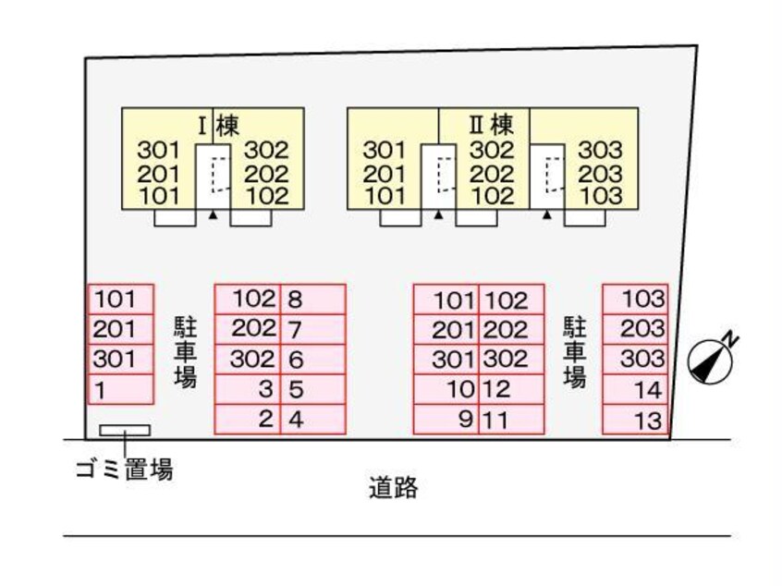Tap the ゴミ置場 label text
click(x=125, y=470)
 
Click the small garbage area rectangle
click(x=125, y=431)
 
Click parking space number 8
click(x=312, y=299)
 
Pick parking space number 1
click(x=120, y=390)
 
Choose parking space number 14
click(x=635, y=390)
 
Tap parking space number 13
click(x=635, y=421)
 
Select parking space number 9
click(x=446, y=421)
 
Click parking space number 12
click(x=511, y=390)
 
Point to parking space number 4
click(x=312, y=421)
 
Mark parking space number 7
click(x=312, y=330)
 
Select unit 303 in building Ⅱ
click(x=600, y=151)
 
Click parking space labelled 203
click(x=635, y=330)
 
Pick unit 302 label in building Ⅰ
click(x=266, y=151)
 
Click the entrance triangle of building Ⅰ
click(x=213, y=214)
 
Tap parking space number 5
click(x=312, y=390)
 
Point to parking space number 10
click(x=446, y=390)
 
